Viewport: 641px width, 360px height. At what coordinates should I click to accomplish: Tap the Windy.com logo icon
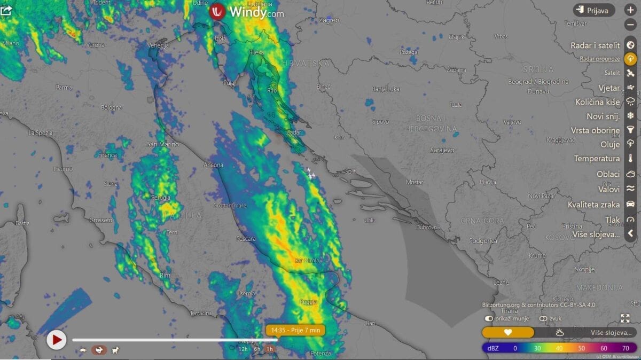coord(217,11)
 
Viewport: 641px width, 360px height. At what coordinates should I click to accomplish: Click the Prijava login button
coord(594,10)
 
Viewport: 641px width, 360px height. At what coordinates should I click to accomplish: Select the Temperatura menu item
coord(597,158)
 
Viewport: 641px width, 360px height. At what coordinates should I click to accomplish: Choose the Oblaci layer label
coord(608,174)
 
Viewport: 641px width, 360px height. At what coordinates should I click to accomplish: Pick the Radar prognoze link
coord(600,59)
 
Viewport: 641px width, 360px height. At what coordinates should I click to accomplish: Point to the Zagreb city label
coord(329,20)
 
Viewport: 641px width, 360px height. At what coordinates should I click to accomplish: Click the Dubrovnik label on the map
coord(428,227)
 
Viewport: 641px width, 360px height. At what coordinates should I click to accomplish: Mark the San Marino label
coord(163,144)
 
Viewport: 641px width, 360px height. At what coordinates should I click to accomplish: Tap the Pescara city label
coord(246,239)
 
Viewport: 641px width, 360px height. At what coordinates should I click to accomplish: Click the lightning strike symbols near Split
coord(310,173)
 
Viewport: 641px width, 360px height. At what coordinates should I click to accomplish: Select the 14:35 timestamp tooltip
coord(295,330)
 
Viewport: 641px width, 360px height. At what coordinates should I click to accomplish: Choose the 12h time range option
coord(243,349)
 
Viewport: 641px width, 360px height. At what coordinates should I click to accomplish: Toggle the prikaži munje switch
coord(489,318)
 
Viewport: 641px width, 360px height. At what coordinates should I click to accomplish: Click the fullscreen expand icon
coord(625,318)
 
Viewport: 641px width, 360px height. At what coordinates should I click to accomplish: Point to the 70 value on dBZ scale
coord(626,348)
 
